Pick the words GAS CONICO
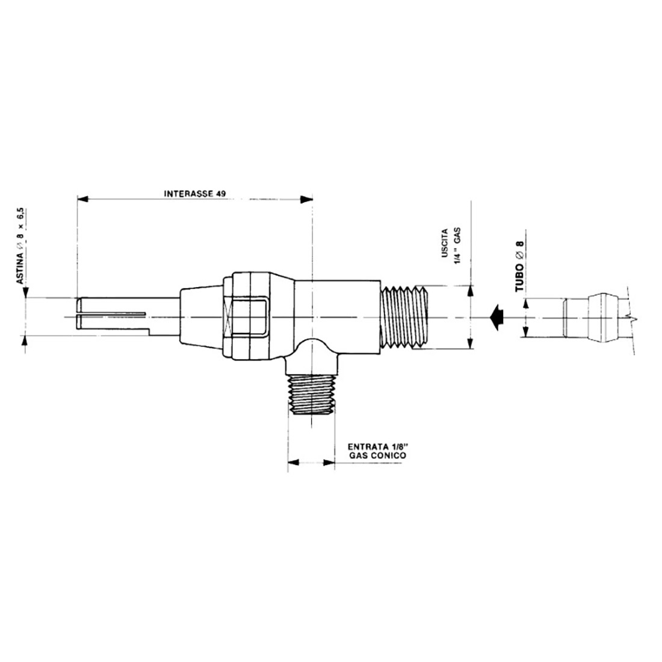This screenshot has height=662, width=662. point(378,456)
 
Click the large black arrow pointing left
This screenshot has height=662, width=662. point(496,317)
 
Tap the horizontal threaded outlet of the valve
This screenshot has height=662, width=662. point(404,317)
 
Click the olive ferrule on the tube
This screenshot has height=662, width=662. point(604,317)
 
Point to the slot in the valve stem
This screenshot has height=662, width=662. point(114,313)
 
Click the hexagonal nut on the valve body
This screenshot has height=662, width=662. point(247,317)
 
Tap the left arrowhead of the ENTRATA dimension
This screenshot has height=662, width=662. point(293,463)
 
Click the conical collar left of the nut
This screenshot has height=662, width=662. point(202,317)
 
